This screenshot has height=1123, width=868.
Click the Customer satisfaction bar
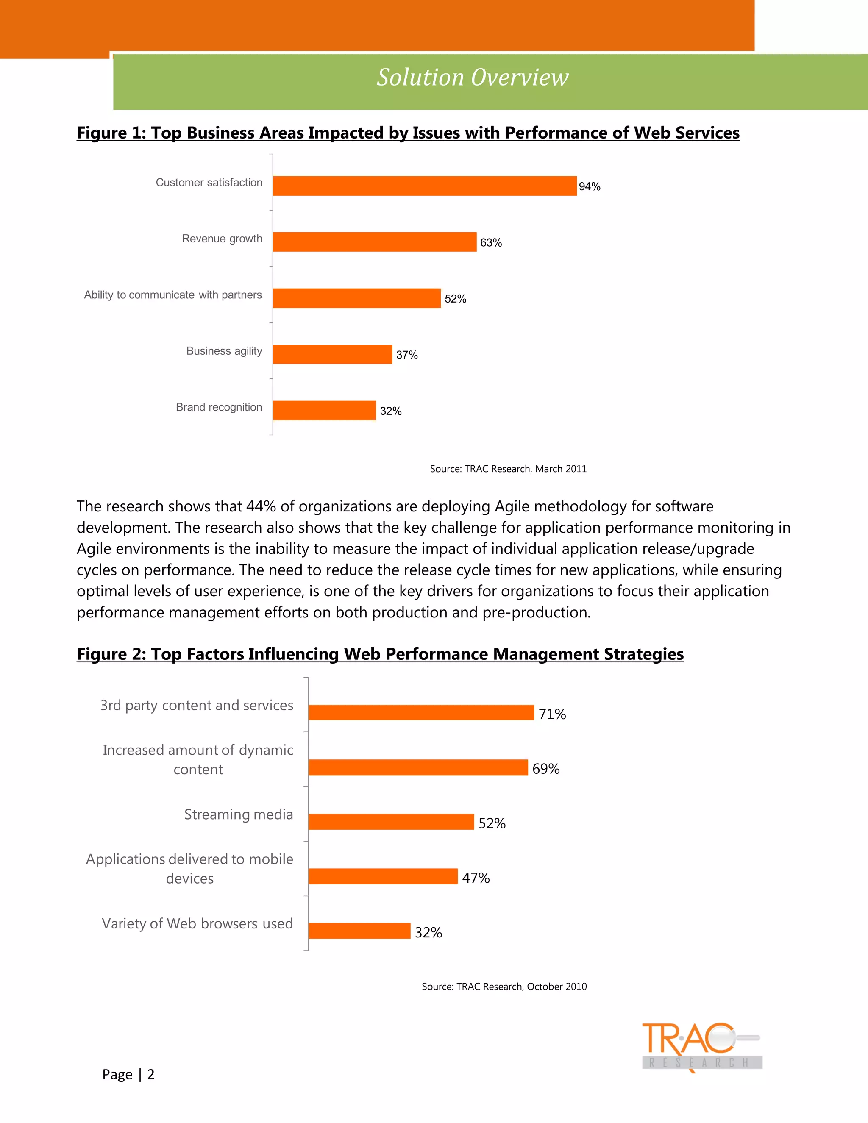(x=424, y=186)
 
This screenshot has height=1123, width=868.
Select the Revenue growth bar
(x=374, y=242)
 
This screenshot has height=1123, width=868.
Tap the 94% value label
(x=589, y=186)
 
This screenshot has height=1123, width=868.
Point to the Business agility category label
(x=224, y=351)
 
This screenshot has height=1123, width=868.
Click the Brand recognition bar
(x=324, y=410)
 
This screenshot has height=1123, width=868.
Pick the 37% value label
(x=407, y=355)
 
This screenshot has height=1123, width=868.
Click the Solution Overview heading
(x=473, y=78)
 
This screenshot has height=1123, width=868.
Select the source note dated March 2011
(x=508, y=468)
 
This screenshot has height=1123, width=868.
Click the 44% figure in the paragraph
(x=261, y=506)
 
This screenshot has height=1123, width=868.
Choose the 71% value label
(x=552, y=714)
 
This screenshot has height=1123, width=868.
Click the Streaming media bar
(x=391, y=822)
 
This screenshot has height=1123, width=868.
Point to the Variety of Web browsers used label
(x=198, y=923)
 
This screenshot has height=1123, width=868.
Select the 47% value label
(x=476, y=878)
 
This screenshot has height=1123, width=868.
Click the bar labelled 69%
(x=418, y=767)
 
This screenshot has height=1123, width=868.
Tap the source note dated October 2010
(x=504, y=986)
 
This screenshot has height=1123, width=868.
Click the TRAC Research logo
(x=701, y=1047)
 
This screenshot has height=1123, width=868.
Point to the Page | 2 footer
(x=128, y=1074)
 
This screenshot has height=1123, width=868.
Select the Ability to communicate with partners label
(x=173, y=295)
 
